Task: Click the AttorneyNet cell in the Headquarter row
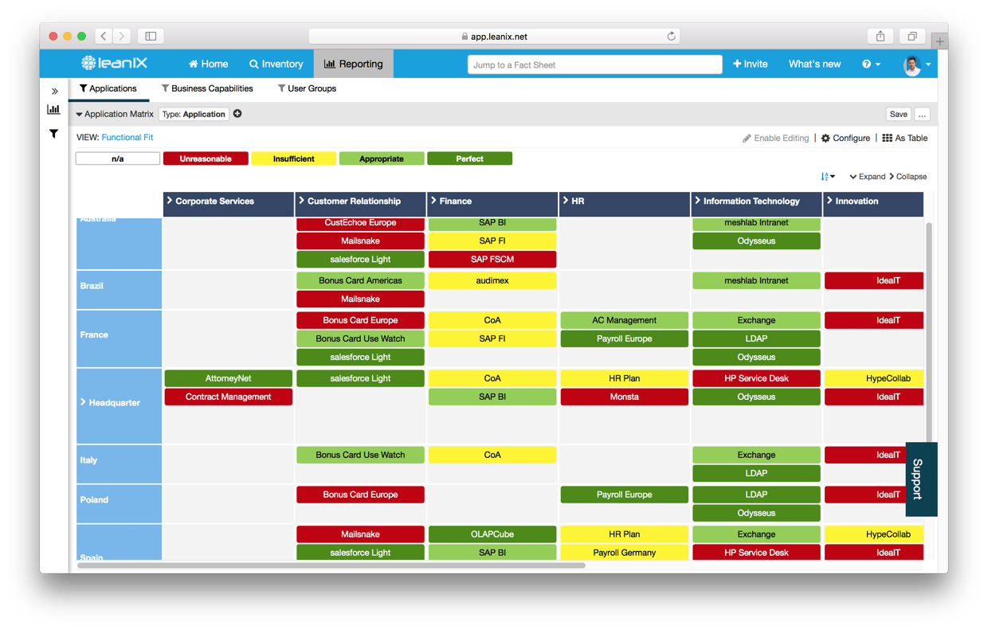coord(229,378)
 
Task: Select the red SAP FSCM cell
coord(492,259)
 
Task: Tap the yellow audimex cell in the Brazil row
coord(492,280)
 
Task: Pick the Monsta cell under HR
coord(624,397)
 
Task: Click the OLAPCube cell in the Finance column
coord(492,534)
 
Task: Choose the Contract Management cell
coord(229,397)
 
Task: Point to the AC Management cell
coord(624,320)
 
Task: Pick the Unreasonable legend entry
coord(206,158)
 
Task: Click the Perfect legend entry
coord(469,158)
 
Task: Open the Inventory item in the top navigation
coord(276,65)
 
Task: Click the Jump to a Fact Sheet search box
coord(594,65)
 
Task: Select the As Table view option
coord(905,138)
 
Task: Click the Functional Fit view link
coord(127,138)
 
